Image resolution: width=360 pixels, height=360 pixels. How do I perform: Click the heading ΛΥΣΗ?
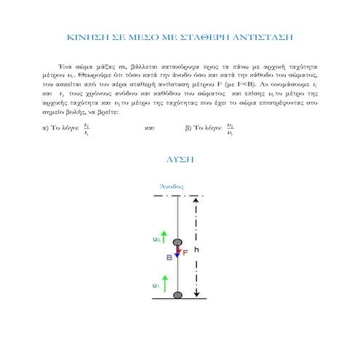[180, 158]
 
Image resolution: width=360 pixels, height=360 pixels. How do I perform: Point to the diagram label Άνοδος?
[171, 186]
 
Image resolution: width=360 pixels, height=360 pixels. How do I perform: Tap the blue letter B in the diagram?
[169, 257]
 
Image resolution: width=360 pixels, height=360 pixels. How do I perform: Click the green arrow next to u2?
[164, 236]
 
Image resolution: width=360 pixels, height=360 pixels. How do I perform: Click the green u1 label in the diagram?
[155, 286]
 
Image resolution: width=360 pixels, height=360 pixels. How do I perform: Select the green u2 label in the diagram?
[156, 238]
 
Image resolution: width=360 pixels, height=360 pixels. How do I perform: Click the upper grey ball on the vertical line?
[177, 241]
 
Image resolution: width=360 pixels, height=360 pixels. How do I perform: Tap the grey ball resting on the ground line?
[177, 295]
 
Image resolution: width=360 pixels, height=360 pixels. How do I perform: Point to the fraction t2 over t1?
[87, 129]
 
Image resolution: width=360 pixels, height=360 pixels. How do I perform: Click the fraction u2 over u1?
[230, 129]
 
